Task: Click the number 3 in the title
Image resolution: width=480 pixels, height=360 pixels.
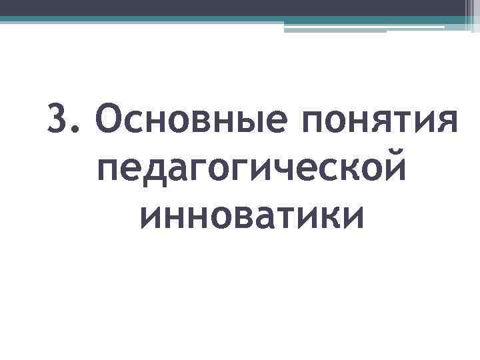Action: pos(59,119)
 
